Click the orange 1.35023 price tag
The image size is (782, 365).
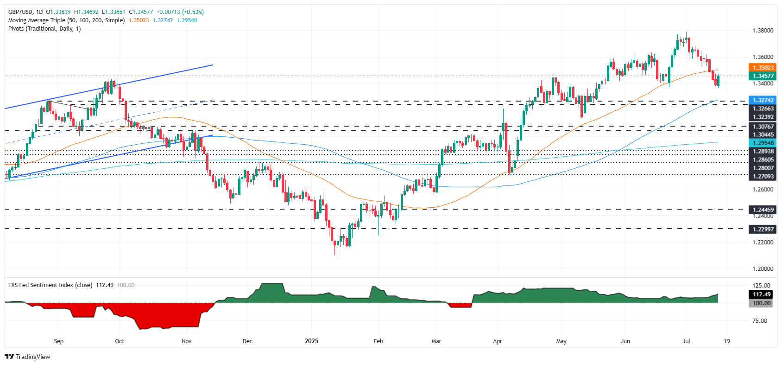tap(763, 68)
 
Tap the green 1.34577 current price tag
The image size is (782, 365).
tap(763, 76)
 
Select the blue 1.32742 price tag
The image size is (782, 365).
tap(763, 100)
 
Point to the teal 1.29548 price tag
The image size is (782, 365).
tap(763, 143)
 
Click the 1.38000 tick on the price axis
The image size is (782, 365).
tap(763, 31)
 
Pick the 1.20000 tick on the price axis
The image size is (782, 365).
tap(763, 269)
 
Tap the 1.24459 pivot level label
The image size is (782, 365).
tap(763, 210)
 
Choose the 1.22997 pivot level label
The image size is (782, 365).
tap(763, 229)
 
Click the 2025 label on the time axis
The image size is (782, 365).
tap(311, 341)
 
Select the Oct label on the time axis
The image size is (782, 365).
tap(120, 341)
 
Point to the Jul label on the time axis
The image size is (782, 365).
tap(686, 341)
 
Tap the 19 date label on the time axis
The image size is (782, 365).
tap(727, 341)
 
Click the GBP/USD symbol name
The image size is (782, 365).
tap(20, 12)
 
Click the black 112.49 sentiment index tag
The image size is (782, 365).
tap(762, 295)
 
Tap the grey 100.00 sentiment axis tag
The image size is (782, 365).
tap(762, 303)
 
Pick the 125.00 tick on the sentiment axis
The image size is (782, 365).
tap(762, 286)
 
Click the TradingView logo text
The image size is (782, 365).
tap(33, 357)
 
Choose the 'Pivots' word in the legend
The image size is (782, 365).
tap(16, 29)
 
